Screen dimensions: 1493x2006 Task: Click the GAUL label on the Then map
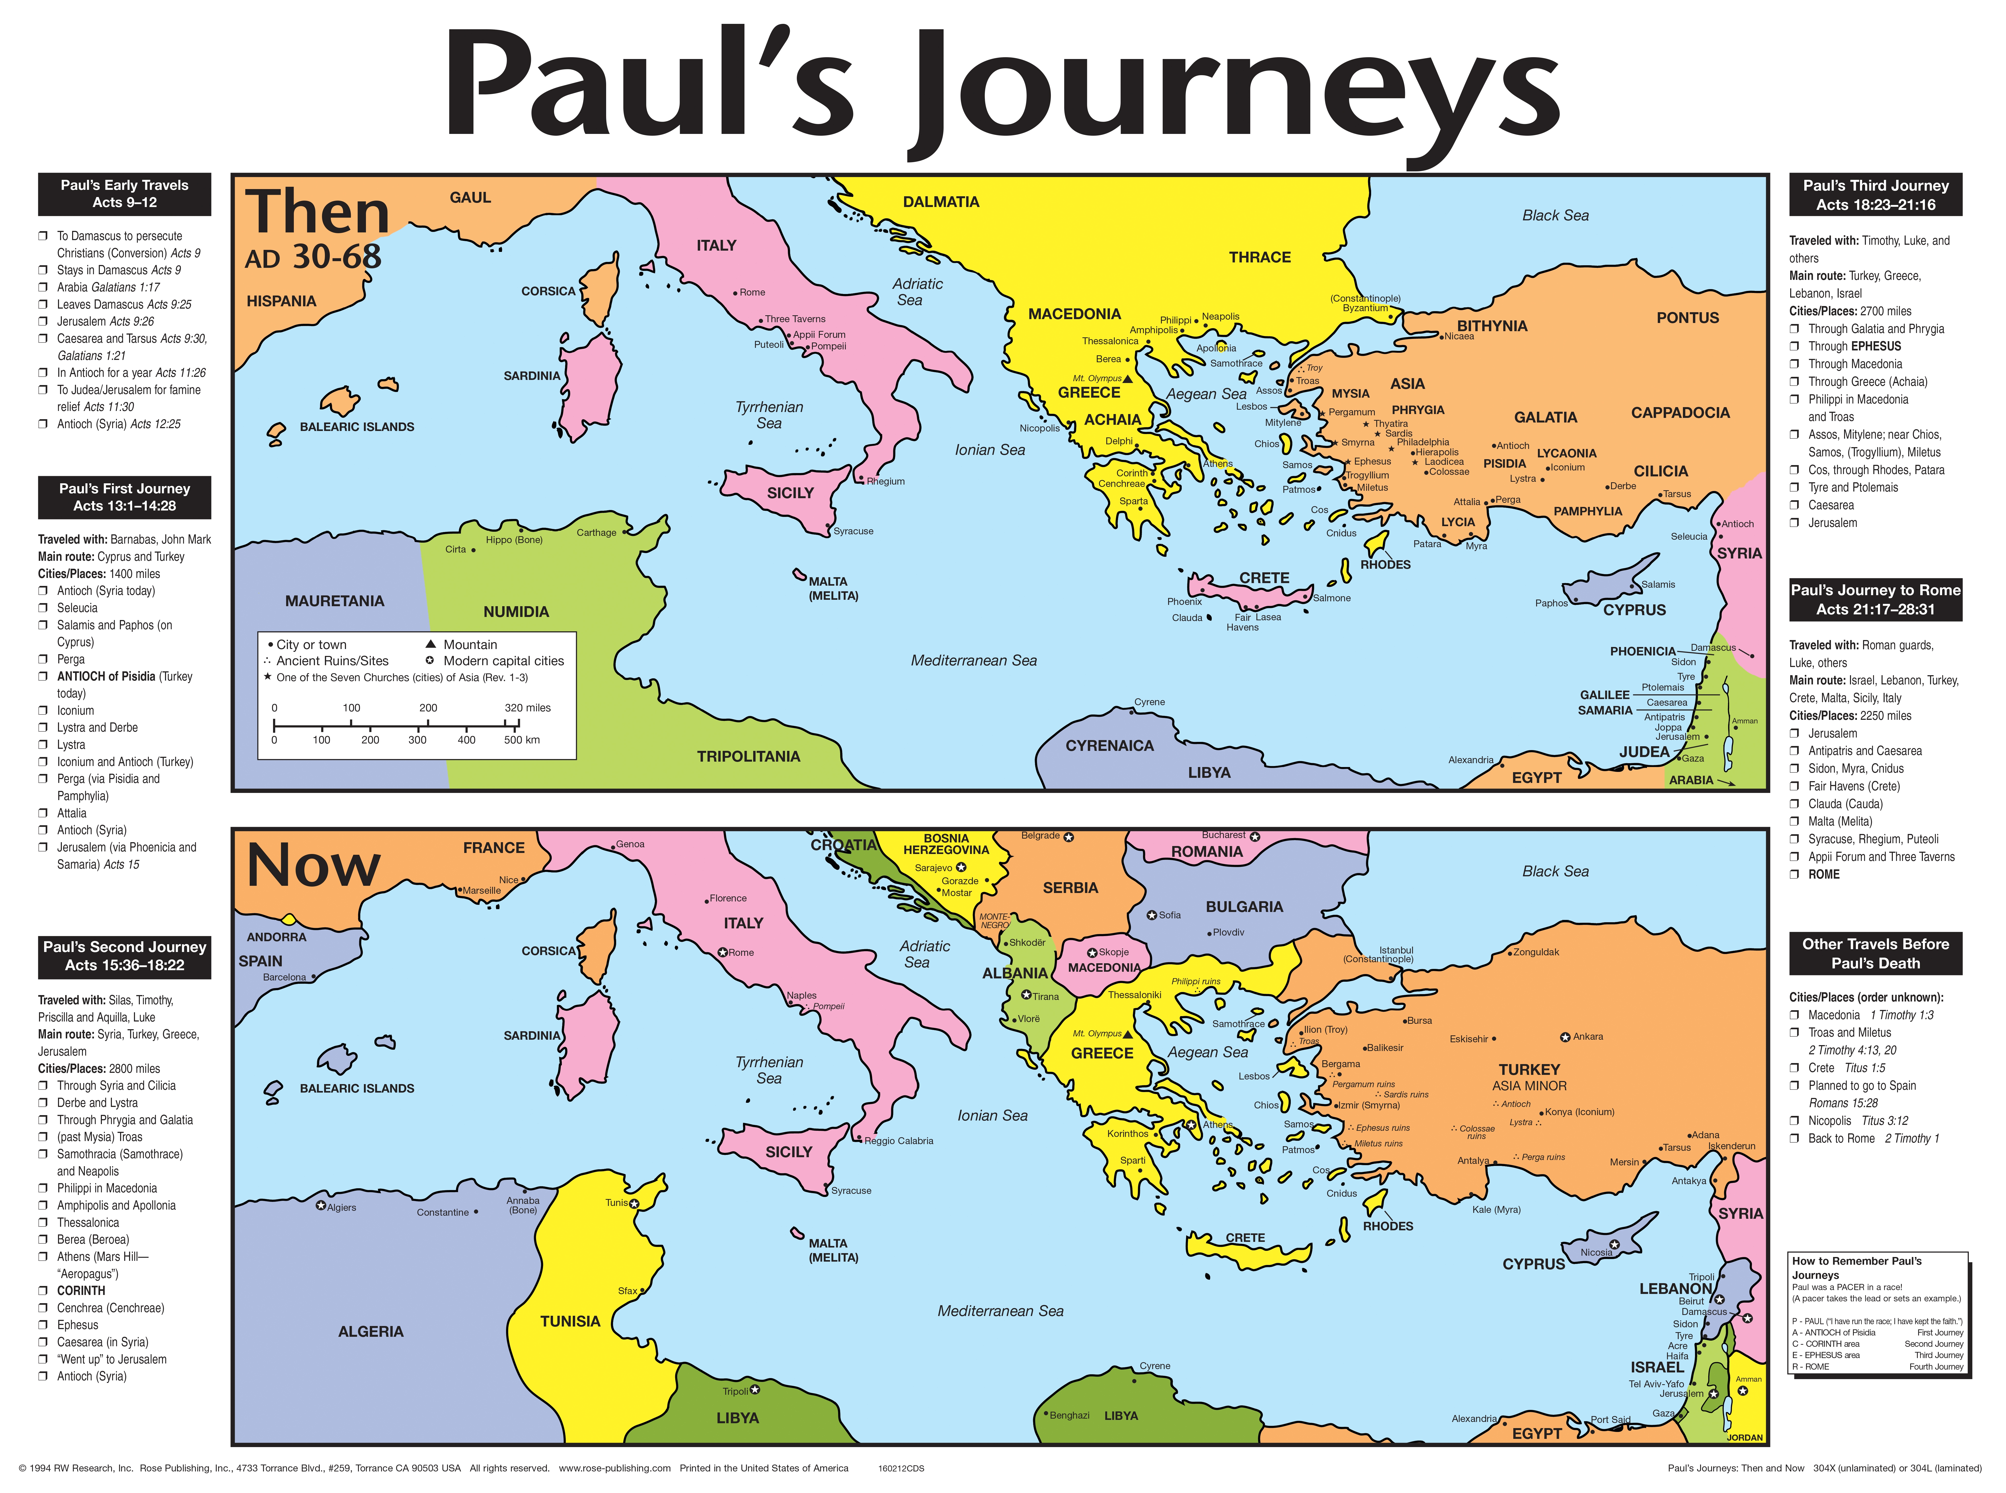tap(470, 197)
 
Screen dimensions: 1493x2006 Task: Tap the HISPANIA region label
tap(281, 301)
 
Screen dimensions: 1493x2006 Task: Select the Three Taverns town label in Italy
tap(795, 319)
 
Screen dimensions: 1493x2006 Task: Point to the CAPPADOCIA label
tap(1680, 412)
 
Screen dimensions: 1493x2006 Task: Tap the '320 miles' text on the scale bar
tap(527, 708)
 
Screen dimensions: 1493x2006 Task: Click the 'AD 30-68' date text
tap(313, 258)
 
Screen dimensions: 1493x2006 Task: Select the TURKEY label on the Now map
tap(1529, 1069)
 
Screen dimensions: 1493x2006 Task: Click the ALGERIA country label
tap(371, 1331)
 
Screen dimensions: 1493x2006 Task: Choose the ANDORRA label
tap(277, 937)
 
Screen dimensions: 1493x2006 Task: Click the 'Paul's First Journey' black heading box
tap(125, 497)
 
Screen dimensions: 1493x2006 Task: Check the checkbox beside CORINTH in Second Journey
tap(43, 1291)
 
